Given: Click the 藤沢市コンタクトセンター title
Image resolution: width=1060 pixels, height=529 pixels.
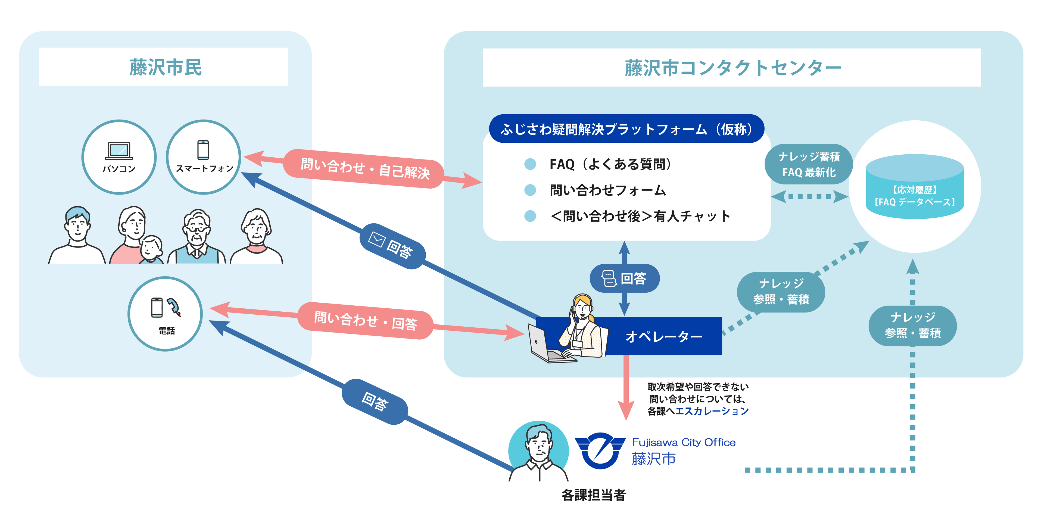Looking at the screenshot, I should tap(732, 68).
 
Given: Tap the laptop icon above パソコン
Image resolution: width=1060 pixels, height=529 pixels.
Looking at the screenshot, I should tap(119, 151).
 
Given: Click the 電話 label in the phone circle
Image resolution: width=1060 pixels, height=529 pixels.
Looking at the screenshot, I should tap(167, 331).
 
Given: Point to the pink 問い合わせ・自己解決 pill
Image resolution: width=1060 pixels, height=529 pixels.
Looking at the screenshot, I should tap(364, 169).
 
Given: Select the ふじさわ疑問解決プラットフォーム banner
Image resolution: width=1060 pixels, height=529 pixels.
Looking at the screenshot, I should tap(626, 129).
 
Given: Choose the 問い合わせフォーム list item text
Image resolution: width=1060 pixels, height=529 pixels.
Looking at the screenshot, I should tap(608, 190).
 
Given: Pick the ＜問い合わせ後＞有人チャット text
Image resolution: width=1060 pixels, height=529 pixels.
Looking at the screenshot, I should tap(640, 216).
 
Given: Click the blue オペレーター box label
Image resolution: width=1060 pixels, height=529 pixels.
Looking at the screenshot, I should tap(663, 336).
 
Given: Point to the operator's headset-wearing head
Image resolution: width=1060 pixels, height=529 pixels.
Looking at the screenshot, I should tap(583, 306).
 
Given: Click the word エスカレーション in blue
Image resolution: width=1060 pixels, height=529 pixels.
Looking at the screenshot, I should tap(712, 411).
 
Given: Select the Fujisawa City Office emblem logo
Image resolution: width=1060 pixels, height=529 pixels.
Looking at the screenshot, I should tap(600, 450).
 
